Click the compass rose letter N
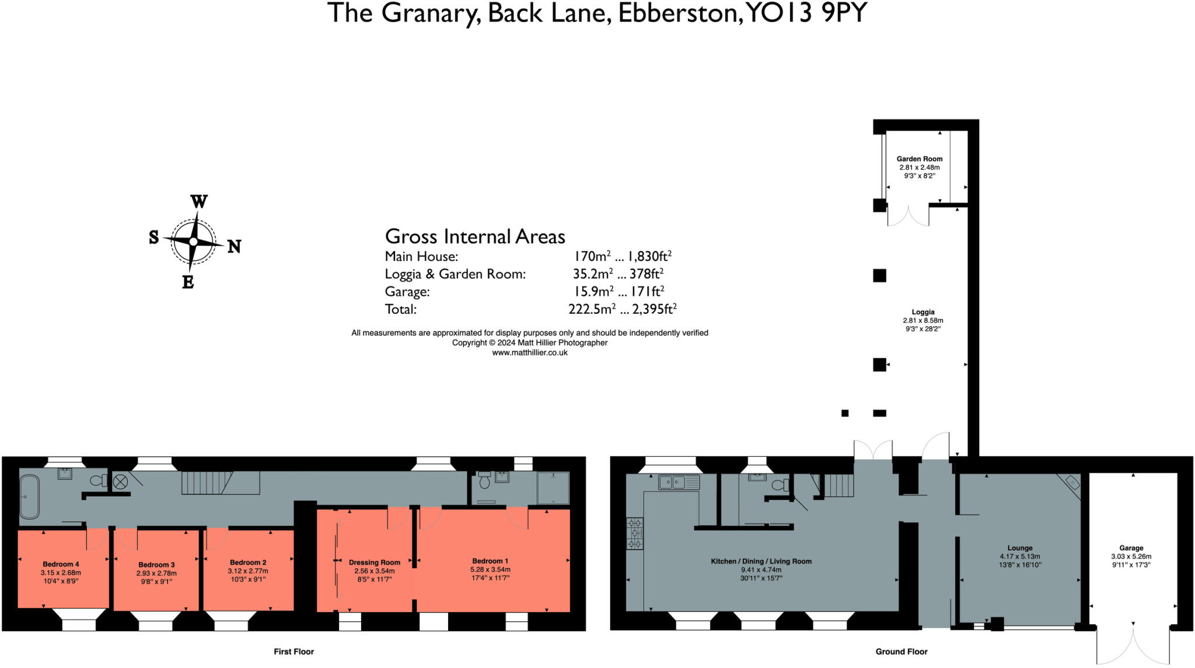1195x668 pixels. (234, 247)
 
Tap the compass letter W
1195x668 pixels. (199, 202)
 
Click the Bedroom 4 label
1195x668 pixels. (61, 564)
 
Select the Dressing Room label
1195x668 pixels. (375, 562)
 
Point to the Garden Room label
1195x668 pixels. (920, 159)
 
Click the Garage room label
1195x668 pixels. (1131, 548)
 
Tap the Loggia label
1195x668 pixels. (923, 312)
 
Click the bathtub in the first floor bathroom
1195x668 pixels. (29, 496)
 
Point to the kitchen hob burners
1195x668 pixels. (635, 533)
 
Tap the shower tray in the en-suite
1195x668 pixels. (553, 488)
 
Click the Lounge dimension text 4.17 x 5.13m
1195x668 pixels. (1020, 557)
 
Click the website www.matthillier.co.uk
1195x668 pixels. (530, 352)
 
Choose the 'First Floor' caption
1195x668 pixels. (293, 652)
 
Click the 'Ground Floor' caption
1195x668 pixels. (901, 652)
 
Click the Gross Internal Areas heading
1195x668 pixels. (475, 237)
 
